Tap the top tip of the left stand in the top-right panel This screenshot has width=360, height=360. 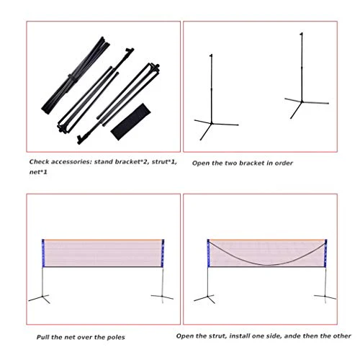click(x=210, y=54)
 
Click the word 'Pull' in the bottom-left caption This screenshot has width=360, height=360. click(x=43, y=336)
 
